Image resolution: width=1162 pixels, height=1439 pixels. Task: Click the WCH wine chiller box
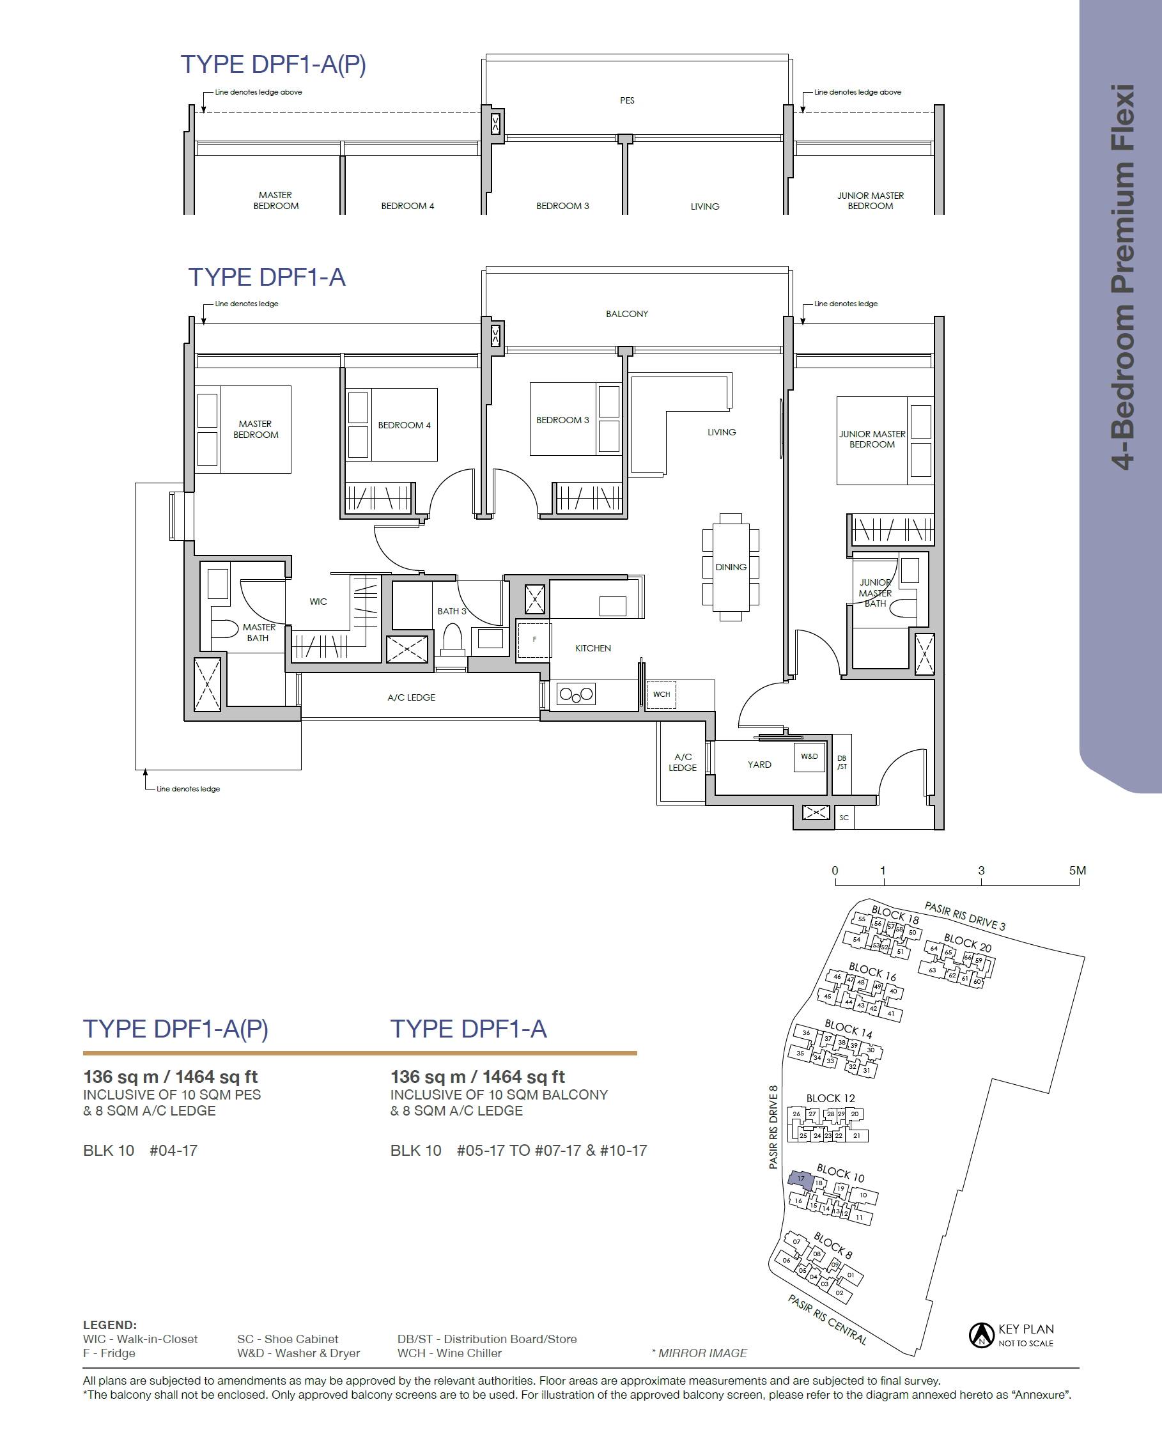tap(662, 694)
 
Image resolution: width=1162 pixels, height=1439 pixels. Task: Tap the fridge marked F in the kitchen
tap(534, 639)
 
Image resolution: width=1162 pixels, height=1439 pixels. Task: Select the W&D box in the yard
tap(809, 757)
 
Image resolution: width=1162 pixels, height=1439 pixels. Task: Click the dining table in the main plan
tap(731, 567)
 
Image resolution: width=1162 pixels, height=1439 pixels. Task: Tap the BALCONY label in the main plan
tap(627, 314)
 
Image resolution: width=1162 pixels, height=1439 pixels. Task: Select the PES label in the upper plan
tap(627, 100)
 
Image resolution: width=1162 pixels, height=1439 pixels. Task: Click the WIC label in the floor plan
tap(318, 602)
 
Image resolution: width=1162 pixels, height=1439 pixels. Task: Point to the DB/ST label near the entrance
tap(842, 763)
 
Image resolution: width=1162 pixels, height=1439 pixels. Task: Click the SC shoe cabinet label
tap(844, 817)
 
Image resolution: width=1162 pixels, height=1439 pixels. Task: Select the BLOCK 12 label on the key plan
tap(831, 1098)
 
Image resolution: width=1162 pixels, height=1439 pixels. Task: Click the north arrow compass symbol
tap(981, 1335)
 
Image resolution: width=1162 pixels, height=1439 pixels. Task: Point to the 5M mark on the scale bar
tap(1078, 871)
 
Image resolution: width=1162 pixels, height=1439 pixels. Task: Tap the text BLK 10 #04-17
tap(140, 1151)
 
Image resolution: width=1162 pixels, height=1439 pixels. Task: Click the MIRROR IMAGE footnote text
tap(699, 1353)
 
